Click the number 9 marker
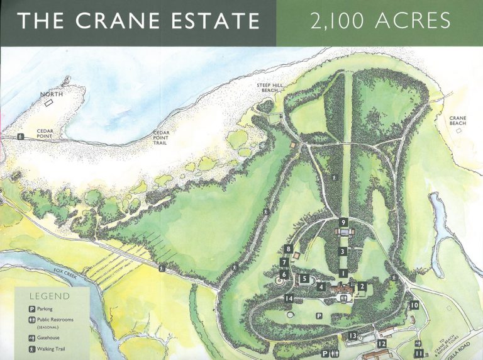[343, 222]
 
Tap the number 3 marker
[343, 251]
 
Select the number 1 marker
[343, 273]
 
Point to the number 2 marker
[362, 286]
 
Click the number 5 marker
[304, 278]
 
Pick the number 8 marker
[288, 249]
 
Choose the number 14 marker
[289, 298]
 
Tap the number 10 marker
[414, 305]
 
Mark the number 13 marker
[353, 336]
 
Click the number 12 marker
[382, 344]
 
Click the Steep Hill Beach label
[269, 87]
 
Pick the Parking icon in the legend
[31, 309]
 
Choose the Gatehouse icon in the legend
[31, 338]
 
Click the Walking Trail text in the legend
[52, 349]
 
